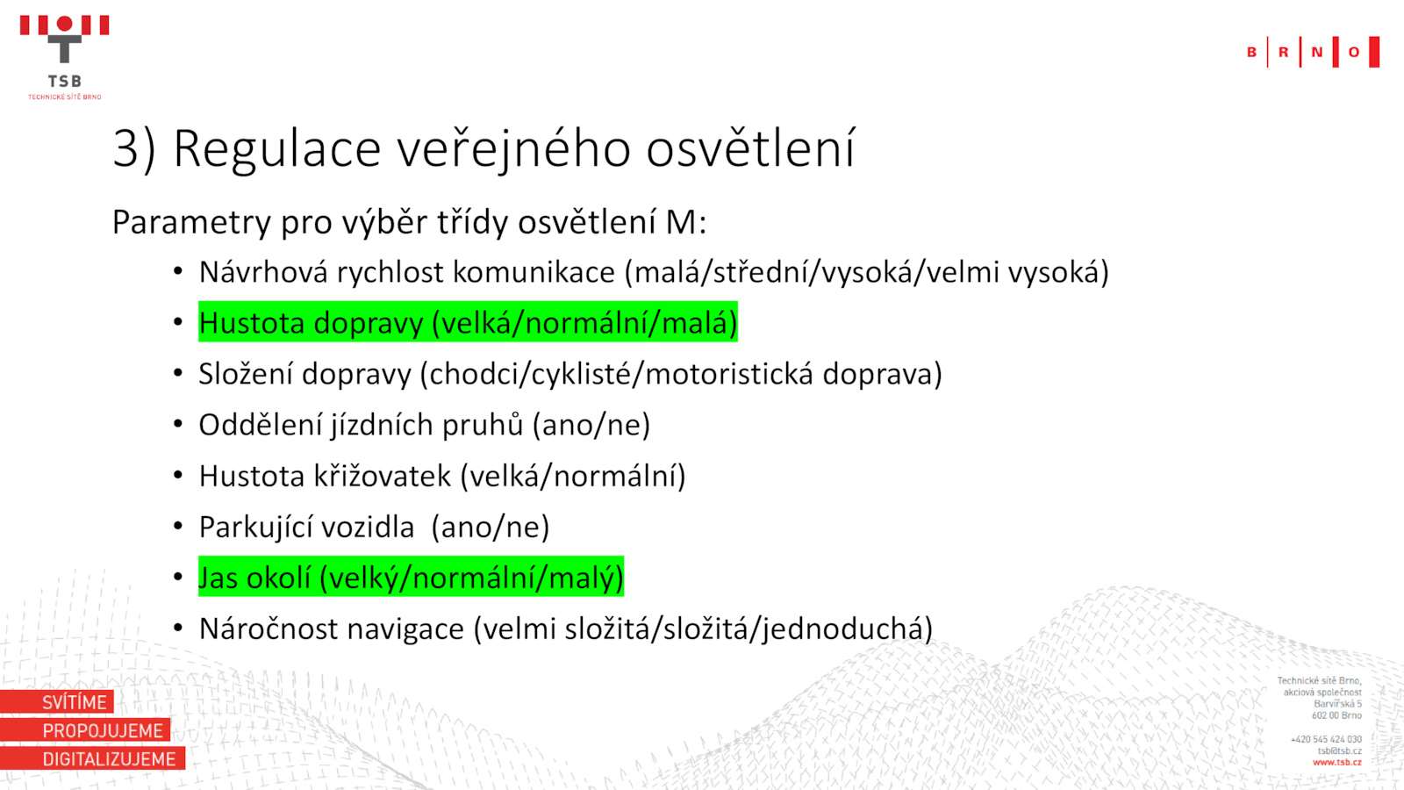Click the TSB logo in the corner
coord(65,57)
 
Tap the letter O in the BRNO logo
coord(1354,52)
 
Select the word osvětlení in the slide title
coord(750,148)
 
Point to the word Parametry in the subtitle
coord(192,223)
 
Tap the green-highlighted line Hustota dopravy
coord(468,322)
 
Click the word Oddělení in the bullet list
coord(262,425)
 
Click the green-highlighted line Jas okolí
coord(411,577)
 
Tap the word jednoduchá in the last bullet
coord(848,628)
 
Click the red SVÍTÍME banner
coord(57,701)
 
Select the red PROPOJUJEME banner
coord(85,730)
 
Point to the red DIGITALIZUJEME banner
coord(93,758)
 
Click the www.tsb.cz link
coord(1337,763)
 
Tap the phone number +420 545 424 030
coord(1326,740)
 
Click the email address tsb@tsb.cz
coord(1339,751)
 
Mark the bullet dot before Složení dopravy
coord(178,373)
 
